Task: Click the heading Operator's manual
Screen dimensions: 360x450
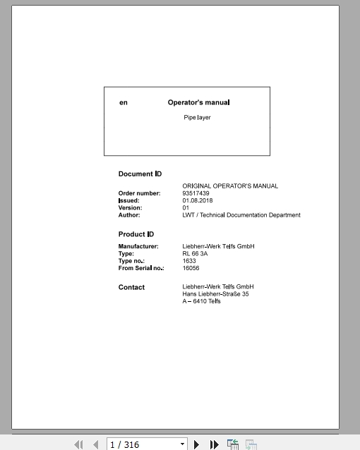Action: click(198, 102)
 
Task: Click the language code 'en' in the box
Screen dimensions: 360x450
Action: click(124, 103)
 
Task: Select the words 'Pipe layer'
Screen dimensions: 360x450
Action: click(197, 117)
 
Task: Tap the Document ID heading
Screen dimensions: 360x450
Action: click(140, 174)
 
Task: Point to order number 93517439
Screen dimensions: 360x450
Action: click(196, 193)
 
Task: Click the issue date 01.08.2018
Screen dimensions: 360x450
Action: click(198, 200)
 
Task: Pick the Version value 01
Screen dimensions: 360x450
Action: click(186, 208)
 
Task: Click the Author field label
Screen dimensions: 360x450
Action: click(129, 215)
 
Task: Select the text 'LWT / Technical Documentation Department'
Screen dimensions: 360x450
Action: click(241, 215)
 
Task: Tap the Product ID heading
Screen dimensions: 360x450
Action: click(136, 234)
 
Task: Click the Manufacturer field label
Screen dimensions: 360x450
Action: click(138, 246)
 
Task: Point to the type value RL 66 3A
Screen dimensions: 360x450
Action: click(194, 253)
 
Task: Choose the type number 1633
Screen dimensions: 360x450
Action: click(189, 261)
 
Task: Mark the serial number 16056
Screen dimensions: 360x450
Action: click(191, 268)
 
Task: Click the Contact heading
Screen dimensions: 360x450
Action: click(131, 287)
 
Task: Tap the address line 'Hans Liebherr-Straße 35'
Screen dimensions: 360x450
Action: click(215, 294)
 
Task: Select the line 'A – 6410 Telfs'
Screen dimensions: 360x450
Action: click(201, 301)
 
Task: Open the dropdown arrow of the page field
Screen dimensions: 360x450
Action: click(183, 444)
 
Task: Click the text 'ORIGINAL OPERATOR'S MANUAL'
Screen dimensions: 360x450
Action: click(230, 186)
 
